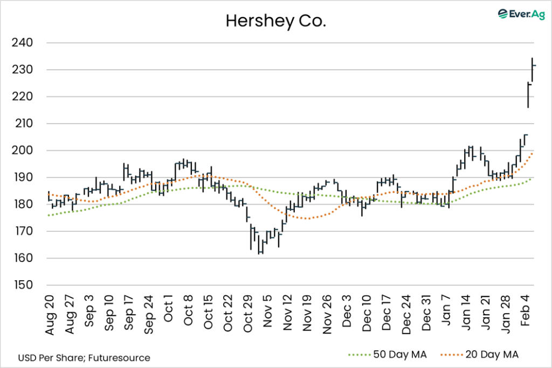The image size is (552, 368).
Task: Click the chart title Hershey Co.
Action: [275, 21]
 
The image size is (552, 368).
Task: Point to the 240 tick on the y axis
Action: [24, 43]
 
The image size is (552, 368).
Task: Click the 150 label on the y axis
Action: [24, 285]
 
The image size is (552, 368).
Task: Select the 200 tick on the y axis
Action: [24, 151]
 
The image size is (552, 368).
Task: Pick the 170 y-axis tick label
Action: [24, 231]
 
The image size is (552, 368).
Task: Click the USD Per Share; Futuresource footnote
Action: [84, 357]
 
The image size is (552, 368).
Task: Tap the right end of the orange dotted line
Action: [533, 153]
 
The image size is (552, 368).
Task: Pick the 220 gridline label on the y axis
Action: [24, 97]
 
